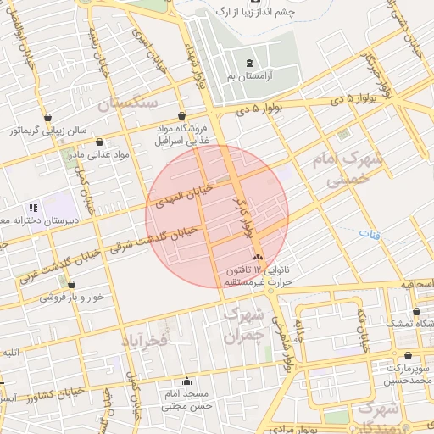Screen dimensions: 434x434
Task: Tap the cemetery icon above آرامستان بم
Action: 248,64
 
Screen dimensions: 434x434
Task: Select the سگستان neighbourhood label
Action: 128,103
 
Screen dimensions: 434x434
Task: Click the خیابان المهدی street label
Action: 175,200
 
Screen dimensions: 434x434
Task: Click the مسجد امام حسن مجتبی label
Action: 187,401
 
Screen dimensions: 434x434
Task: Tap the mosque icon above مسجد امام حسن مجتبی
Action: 187,381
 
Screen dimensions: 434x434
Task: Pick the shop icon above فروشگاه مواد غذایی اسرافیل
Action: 182,116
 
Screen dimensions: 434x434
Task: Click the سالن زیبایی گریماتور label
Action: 49,131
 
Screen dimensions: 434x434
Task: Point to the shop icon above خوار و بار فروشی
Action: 72,285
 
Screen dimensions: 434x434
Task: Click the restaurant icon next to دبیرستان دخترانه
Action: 34,207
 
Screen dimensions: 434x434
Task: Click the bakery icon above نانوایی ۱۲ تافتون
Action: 258,256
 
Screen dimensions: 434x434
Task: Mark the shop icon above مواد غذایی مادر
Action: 101,142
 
